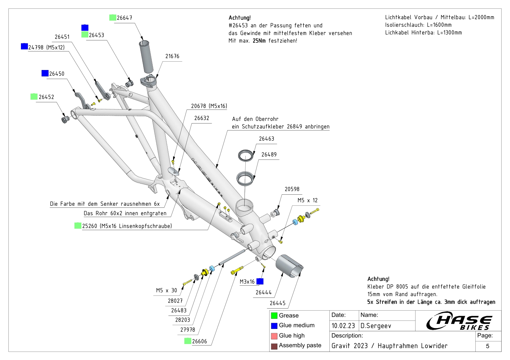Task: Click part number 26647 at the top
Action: click(124, 18)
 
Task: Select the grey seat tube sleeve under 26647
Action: click(146, 57)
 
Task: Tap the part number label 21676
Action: click(172, 56)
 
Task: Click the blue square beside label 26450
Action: click(45, 73)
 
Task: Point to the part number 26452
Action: click(46, 97)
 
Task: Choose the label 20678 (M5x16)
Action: click(209, 106)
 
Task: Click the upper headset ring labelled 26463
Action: click(246, 155)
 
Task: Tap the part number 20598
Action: click(292, 189)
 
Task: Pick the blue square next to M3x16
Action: click(260, 281)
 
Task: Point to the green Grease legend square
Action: click(274, 316)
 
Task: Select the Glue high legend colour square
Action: click(274, 336)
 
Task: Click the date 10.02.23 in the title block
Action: click(343, 326)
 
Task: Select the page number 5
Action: click(488, 346)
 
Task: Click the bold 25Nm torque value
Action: click(259, 41)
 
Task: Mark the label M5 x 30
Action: click(166, 291)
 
